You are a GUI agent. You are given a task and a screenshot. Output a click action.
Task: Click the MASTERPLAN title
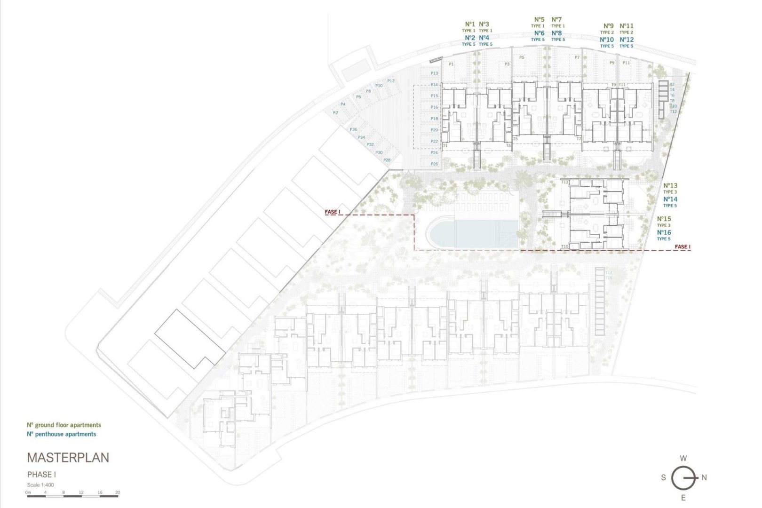(x=68, y=457)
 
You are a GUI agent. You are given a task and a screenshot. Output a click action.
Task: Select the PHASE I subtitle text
(x=41, y=475)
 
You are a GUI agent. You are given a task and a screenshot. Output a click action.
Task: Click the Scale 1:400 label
(x=40, y=485)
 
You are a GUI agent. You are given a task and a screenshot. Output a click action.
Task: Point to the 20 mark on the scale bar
(x=118, y=492)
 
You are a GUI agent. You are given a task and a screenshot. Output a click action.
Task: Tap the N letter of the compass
(x=704, y=477)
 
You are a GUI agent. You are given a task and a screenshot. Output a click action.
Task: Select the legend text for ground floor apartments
(x=64, y=425)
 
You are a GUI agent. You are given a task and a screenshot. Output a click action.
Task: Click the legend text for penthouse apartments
(x=62, y=434)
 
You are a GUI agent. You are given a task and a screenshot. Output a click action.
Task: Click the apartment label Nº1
(x=470, y=24)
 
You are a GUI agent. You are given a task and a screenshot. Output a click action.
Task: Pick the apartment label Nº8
(x=556, y=33)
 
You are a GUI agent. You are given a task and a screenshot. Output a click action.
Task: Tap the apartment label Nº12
(x=627, y=40)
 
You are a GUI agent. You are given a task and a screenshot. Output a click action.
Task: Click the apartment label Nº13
(x=670, y=186)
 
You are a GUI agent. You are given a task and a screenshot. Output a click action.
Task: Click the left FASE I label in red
(x=333, y=212)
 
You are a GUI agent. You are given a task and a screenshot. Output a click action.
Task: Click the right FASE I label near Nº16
(x=683, y=246)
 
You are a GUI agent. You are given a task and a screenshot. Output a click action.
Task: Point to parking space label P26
(x=434, y=164)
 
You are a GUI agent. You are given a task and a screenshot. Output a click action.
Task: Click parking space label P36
(x=353, y=129)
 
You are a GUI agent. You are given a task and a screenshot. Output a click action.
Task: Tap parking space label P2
(x=335, y=113)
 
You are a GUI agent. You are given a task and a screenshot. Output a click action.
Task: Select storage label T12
(x=673, y=111)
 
